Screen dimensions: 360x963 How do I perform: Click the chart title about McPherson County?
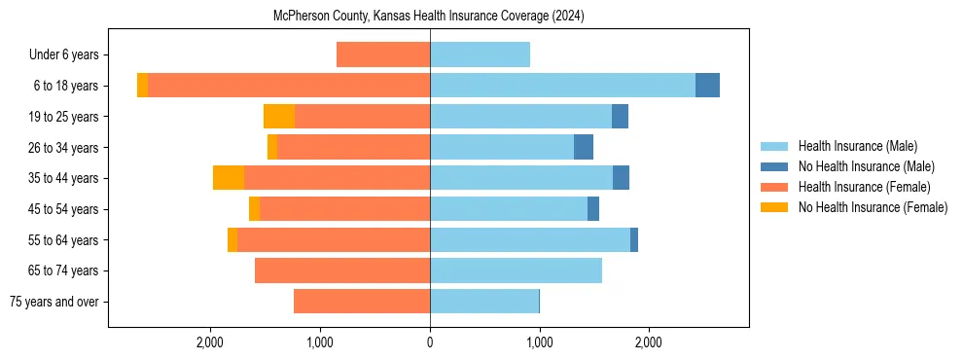[x=430, y=16]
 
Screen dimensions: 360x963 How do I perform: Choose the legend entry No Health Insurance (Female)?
[x=873, y=207]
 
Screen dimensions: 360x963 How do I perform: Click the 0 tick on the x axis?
[x=430, y=342]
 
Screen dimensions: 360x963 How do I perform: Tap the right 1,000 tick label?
[x=540, y=342]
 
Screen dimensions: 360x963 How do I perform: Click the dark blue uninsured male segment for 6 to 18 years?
[x=707, y=86]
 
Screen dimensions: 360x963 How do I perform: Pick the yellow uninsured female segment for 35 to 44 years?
[x=229, y=178]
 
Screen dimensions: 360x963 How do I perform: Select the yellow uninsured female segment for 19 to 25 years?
[x=279, y=117]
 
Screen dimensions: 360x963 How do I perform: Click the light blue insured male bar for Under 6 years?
[x=480, y=55]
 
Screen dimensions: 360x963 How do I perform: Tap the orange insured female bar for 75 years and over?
[x=362, y=302]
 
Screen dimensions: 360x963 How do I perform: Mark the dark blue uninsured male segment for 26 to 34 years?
[x=584, y=148]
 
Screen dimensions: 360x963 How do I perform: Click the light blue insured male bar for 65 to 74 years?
[x=516, y=270]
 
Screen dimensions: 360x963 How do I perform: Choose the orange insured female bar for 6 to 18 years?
[x=289, y=86]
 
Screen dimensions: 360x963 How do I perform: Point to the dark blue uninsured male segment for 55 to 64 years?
[x=634, y=240]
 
